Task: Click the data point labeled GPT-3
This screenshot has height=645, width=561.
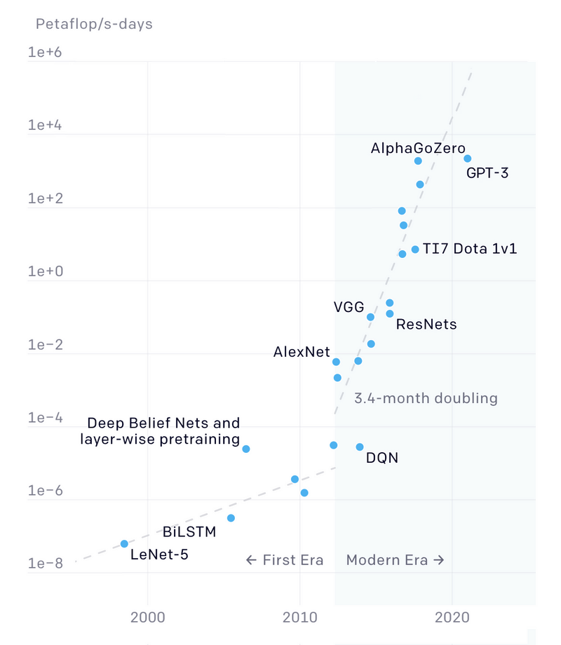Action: point(468,158)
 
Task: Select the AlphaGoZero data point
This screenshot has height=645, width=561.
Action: point(418,161)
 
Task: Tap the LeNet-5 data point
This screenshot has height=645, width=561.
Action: point(124,544)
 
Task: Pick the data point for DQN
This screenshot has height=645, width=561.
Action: point(360,447)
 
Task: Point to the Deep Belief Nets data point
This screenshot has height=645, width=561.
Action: point(246,449)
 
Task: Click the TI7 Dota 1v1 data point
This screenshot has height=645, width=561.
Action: point(415,250)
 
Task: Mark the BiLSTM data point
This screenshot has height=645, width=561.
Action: point(231,518)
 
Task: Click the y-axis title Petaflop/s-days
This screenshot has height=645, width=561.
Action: point(94,25)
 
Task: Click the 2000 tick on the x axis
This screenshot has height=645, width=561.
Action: point(147,619)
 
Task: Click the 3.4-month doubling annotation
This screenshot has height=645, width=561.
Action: point(426,398)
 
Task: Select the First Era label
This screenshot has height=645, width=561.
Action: point(285,560)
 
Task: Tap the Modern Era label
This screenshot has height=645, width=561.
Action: point(396,560)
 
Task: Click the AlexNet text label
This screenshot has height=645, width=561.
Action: point(302,353)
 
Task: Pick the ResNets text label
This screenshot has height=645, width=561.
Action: point(426,325)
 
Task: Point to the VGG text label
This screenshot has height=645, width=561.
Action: point(349,307)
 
